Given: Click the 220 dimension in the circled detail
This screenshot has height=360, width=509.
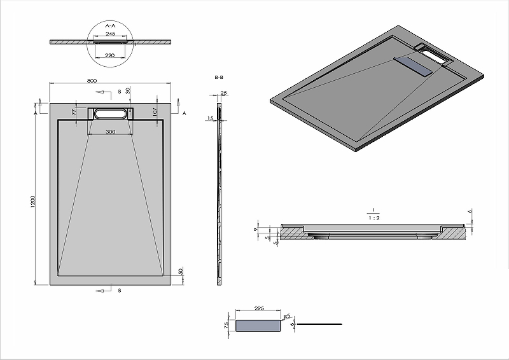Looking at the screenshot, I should click(109, 56).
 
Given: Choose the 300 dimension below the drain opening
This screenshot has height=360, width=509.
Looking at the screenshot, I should click(111, 132).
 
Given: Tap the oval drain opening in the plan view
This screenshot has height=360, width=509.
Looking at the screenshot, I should click(111, 114).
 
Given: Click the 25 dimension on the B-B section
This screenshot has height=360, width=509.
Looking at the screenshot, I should click(223, 93).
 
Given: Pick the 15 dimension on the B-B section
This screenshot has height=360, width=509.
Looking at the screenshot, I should click(209, 118).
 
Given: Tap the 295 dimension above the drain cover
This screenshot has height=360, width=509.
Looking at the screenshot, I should click(259, 308).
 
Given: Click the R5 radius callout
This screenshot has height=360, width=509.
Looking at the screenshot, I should click(287, 315).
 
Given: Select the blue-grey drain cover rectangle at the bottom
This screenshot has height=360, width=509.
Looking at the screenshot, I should click(258, 326).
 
